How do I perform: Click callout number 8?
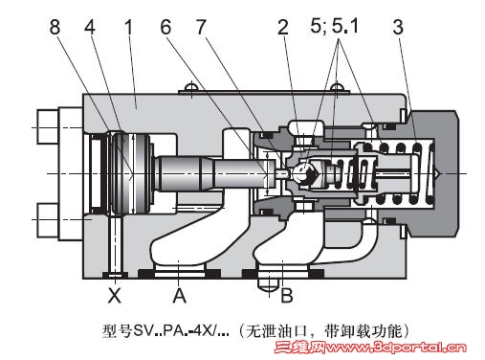[55, 27]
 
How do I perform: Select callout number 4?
[90, 27]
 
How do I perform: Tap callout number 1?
[128, 27]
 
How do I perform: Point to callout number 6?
[165, 27]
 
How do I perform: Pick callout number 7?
[201, 27]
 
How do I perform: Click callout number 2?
[283, 27]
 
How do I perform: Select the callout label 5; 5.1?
[334, 26]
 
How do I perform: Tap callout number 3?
[398, 27]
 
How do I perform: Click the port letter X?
[115, 296]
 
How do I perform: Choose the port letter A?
[179, 296]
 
